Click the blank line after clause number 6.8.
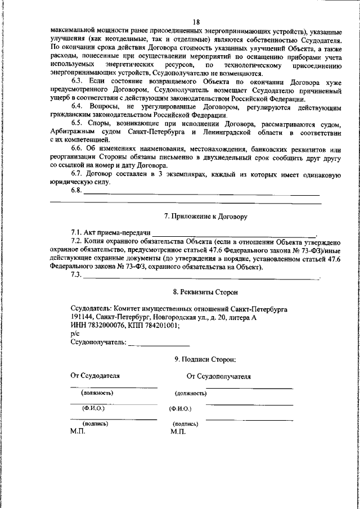point(202,193)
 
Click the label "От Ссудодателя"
point(95,375)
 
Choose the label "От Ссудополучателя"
point(219,376)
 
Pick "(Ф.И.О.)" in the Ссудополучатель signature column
point(180,409)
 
